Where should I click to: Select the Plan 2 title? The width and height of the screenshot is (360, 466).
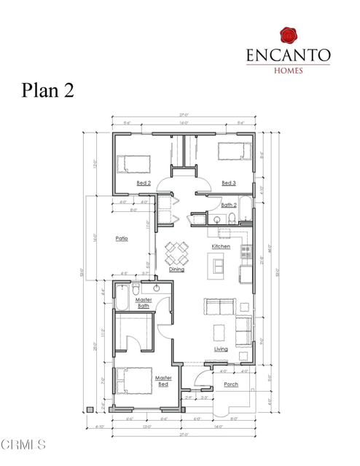coord(47,91)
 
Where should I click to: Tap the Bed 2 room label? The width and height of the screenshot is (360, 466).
coord(144,183)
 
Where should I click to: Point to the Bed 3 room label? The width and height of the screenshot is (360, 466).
coord(228,183)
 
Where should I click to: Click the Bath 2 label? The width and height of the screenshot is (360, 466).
coord(228,205)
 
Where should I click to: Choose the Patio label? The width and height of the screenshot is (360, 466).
coord(122,238)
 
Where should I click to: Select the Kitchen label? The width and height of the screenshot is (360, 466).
coord(221,247)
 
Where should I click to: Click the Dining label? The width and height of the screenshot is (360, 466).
coord(176,269)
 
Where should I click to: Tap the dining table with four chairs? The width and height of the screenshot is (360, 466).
coord(177,253)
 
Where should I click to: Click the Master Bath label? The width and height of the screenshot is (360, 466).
coord(143,302)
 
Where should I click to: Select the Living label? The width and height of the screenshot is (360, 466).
coord(221,349)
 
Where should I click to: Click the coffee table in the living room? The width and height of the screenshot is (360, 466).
coord(218,332)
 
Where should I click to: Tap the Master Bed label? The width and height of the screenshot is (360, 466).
coord(163,381)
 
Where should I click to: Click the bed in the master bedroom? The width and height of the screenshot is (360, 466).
coord(131,384)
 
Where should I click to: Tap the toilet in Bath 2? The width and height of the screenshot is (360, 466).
coord(232,219)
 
